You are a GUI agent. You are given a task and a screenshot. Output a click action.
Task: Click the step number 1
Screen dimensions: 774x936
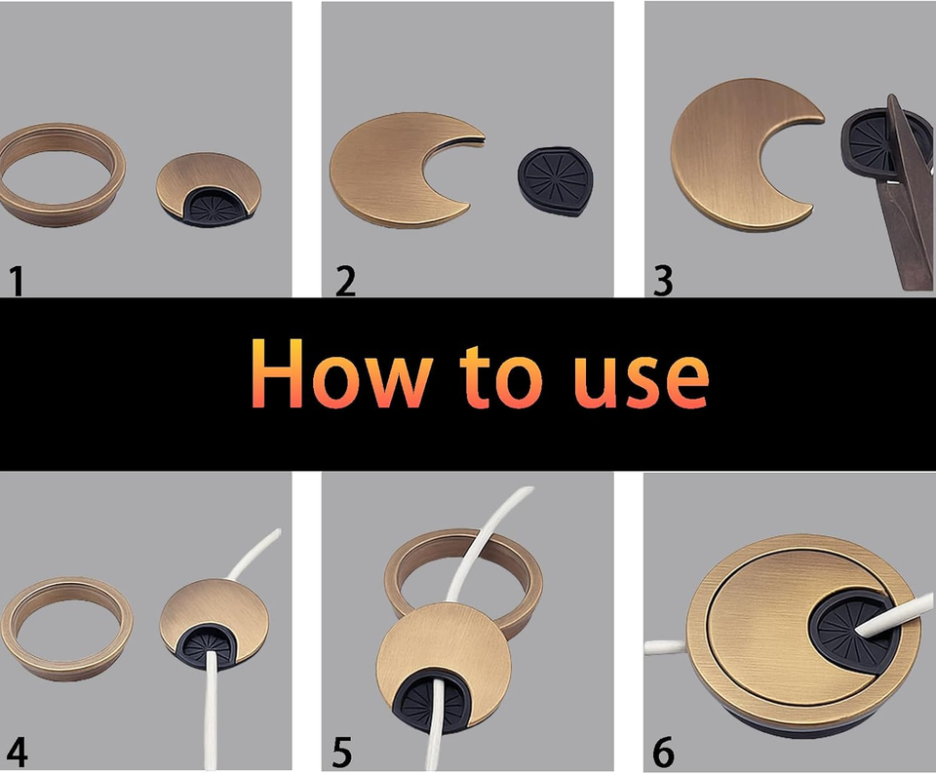tap(16, 281)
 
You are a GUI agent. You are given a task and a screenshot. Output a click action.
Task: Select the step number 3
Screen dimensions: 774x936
tap(663, 281)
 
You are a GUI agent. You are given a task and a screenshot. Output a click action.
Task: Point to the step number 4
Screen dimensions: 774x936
tap(17, 753)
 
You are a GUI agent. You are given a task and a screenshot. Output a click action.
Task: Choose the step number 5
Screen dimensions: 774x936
tap(341, 753)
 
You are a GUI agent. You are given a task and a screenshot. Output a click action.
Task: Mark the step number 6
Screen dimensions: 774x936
tap(663, 753)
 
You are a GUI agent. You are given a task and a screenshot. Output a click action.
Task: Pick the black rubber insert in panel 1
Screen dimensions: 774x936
tap(210, 206)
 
